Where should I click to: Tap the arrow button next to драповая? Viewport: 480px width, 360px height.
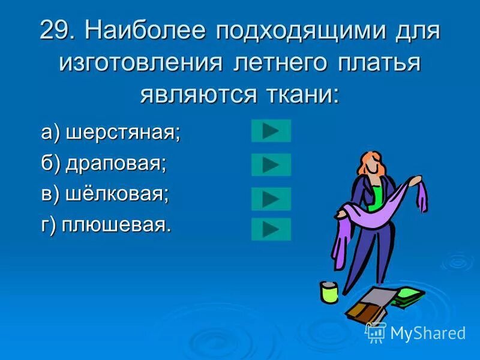coord(271,164)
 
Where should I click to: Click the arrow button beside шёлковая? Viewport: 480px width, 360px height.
coord(271,199)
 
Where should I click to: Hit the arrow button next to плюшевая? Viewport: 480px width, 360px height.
coord(271,229)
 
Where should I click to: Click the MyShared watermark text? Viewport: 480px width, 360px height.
coord(427,333)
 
